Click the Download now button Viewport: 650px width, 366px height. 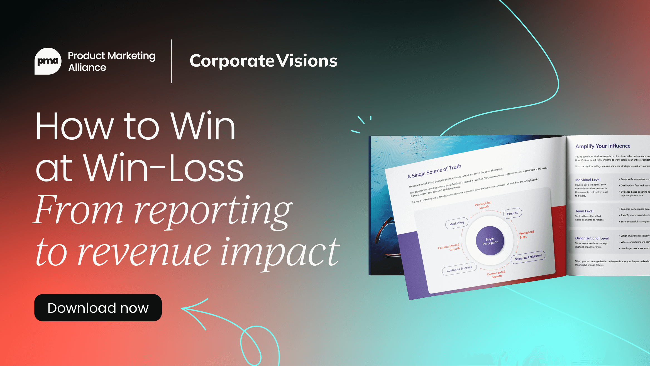point(98,308)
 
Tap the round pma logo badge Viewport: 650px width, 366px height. point(48,61)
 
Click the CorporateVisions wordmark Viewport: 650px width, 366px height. point(263,61)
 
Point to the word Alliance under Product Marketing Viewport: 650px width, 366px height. point(87,67)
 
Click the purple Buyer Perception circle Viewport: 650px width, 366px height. point(490,241)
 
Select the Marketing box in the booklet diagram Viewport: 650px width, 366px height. point(457,223)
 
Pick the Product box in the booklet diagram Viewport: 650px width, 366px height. point(512,213)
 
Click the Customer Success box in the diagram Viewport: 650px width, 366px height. point(459,269)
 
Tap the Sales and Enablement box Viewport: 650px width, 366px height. point(528,257)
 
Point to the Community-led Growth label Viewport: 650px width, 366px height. point(449,247)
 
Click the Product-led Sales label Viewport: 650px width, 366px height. point(526,234)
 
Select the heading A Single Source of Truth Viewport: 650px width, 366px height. point(434,171)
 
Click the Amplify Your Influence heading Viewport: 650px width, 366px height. point(603,146)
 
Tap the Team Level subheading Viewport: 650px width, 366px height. point(584,211)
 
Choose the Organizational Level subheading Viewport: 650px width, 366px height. point(592,238)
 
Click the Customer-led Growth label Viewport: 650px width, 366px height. point(496,274)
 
